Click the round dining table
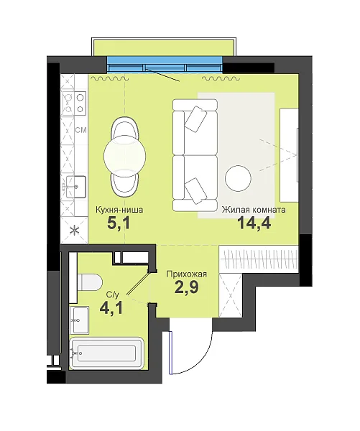125,157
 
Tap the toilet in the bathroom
90,282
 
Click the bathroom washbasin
80,320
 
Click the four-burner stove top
74,103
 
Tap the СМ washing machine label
81,130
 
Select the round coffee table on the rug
238,179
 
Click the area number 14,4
254,223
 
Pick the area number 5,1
119,223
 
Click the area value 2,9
186,287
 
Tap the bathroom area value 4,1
111,308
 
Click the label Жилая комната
254,210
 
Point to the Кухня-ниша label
119,210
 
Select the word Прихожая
186,274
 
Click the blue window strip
165,65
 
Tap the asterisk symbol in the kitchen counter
74,231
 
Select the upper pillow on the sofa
195,119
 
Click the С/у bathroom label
113,295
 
